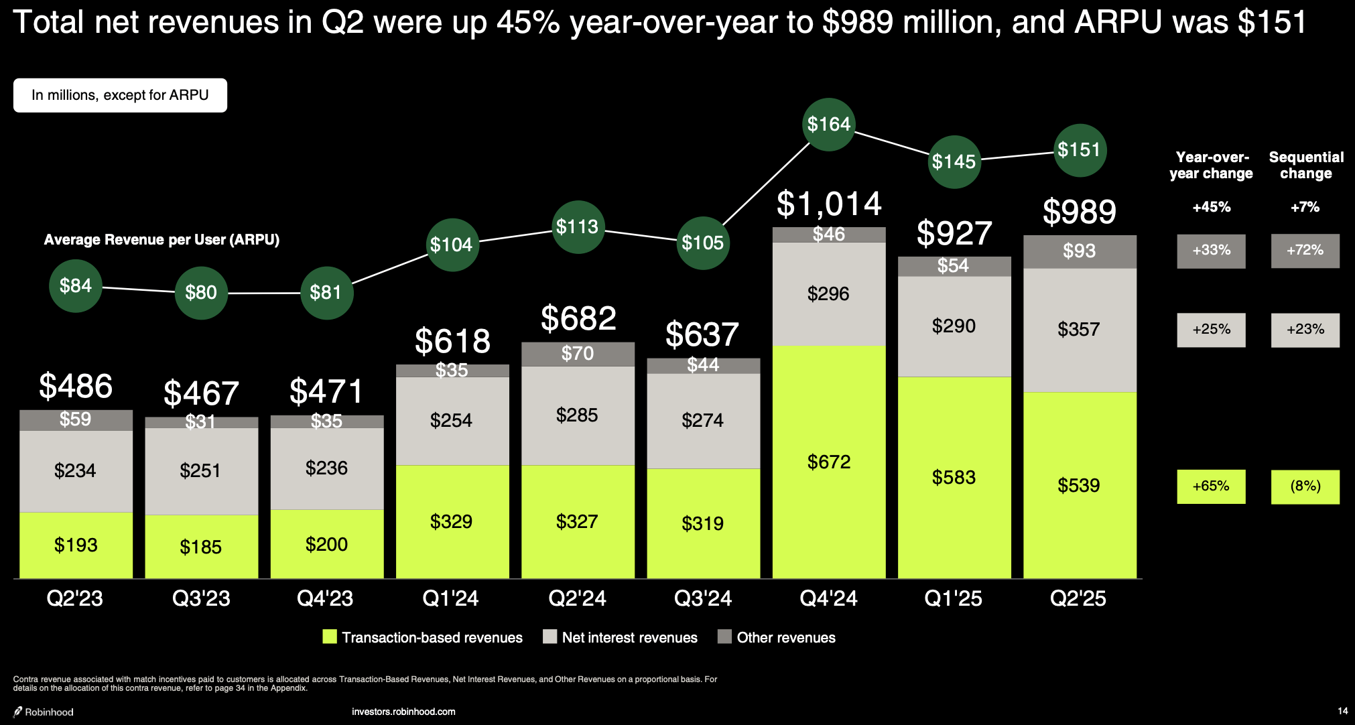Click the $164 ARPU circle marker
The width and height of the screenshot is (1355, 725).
click(x=829, y=125)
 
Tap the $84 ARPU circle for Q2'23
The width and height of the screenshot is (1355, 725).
click(x=76, y=286)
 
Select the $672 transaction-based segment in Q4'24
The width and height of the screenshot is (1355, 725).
click(x=829, y=462)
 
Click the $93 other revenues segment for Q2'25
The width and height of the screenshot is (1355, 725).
click(x=1080, y=251)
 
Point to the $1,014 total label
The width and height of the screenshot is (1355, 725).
click(x=829, y=204)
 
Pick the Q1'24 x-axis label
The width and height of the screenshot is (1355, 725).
click(x=450, y=598)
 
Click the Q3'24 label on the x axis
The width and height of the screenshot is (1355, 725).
click(x=702, y=598)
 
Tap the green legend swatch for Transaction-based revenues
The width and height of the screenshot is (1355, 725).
click(x=330, y=637)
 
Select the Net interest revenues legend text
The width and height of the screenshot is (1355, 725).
click(x=629, y=637)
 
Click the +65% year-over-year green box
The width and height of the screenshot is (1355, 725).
click(x=1211, y=486)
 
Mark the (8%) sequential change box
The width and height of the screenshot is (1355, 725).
click(x=1305, y=486)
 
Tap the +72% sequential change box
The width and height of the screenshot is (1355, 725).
click(x=1305, y=251)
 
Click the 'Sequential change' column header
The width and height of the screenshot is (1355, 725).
click(x=1306, y=166)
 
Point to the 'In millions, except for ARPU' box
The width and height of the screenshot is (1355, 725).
click(x=120, y=95)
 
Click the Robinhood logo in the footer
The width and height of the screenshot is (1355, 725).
click(x=44, y=712)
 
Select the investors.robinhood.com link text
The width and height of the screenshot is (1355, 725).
click(x=403, y=712)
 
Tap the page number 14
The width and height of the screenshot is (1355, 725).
click(x=1342, y=711)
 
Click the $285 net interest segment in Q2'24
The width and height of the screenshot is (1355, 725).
click(x=577, y=415)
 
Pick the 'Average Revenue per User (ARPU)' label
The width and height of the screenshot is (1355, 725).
click(x=162, y=240)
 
